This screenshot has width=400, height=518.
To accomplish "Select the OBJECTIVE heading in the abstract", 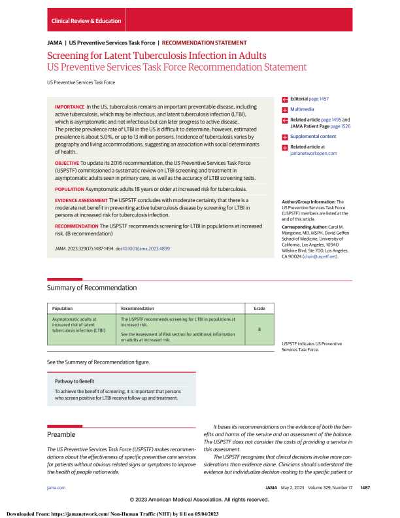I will (66, 160).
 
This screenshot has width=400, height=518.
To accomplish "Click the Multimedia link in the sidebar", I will (303, 109).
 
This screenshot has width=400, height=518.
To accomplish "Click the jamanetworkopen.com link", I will (314, 153).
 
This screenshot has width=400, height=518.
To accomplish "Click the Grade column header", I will (259, 308).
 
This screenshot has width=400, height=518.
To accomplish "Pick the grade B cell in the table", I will (259, 329).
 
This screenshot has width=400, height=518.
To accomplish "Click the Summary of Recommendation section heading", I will (92, 287).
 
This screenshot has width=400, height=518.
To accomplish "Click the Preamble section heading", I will (62, 434).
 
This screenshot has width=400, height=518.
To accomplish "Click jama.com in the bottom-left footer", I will (56, 487).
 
